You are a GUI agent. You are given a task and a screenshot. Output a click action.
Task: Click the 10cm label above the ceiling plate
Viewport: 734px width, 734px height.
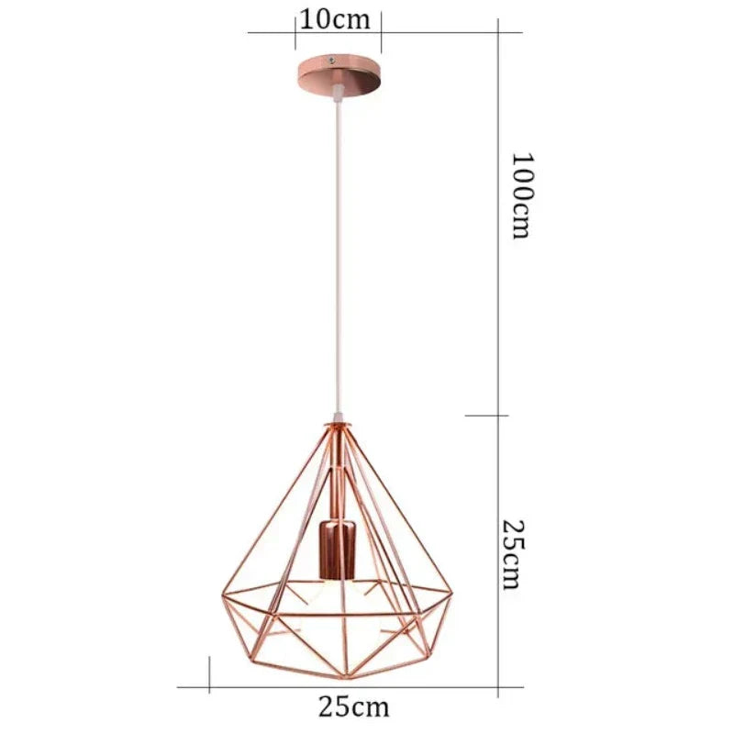[337, 19]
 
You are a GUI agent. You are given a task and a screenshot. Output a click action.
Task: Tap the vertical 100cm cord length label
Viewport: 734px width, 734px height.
[521, 195]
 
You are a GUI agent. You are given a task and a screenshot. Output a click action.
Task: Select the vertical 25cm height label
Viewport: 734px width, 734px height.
[514, 555]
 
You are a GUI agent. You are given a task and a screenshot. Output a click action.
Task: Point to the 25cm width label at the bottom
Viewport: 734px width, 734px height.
[354, 706]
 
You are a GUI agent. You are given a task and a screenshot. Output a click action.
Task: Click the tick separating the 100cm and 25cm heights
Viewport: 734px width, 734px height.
[497, 416]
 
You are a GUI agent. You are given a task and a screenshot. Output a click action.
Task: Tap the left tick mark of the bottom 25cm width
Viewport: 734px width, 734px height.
[210, 685]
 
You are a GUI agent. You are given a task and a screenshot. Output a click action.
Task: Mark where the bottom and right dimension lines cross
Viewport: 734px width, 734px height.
[497, 685]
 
